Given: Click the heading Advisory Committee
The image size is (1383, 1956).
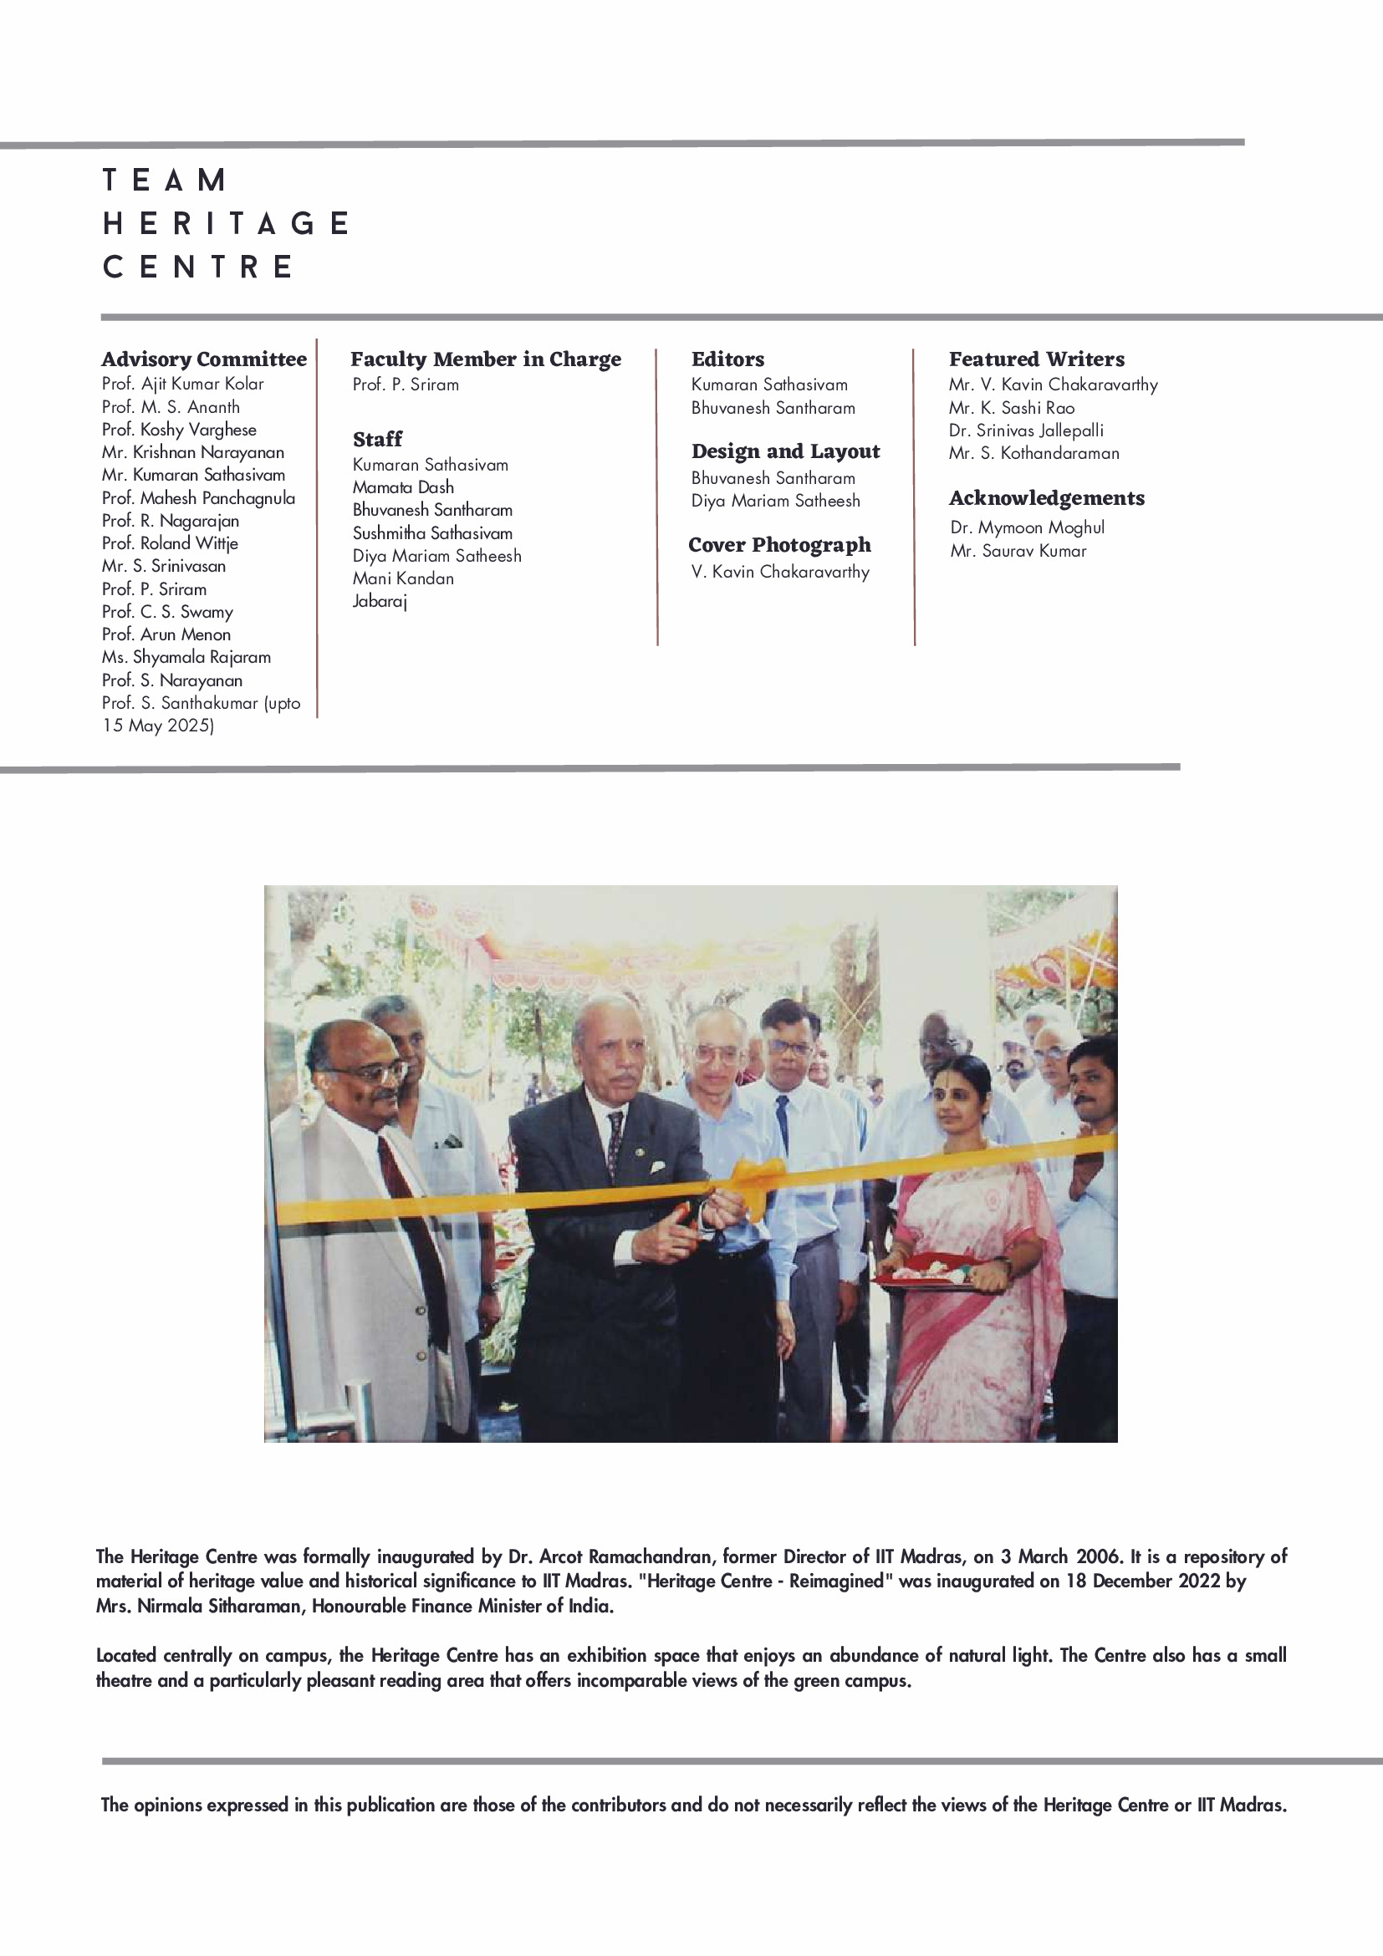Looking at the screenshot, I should click(204, 359).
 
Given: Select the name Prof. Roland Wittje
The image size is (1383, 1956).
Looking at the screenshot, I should click(170, 543).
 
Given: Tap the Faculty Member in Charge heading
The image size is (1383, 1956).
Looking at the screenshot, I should click(486, 359).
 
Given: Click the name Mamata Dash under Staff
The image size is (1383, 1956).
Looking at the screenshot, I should click(403, 487).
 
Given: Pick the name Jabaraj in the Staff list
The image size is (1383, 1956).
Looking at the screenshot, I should click(380, 602).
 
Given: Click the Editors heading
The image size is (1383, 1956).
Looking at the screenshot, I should click(727, 359).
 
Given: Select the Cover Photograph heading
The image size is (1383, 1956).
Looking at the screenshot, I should click(779, 544).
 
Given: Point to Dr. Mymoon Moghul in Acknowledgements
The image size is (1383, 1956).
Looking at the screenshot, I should click(1027, 527).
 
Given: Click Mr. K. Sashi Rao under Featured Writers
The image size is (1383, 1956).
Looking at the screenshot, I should click(1012, 408).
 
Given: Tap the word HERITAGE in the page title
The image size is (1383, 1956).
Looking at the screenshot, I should click(227, 223).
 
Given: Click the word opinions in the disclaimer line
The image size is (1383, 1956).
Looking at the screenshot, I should click(170, 1804).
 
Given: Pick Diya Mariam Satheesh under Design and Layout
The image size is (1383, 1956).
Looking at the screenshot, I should click(775, 501).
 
